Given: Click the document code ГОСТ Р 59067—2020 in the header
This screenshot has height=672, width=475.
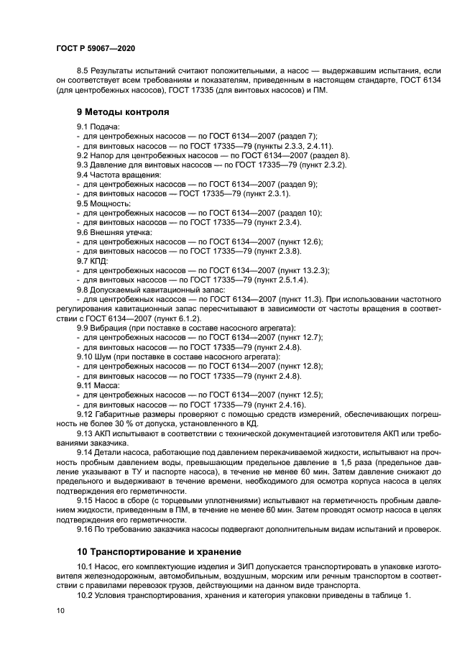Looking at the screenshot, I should [x=95, y=47].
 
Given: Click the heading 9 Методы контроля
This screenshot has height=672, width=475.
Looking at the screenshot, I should [x=123, y=111].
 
